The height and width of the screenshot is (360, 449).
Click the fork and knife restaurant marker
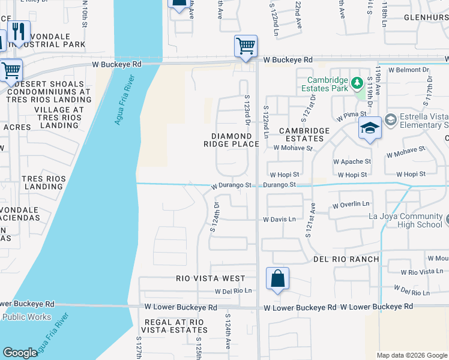(x=19, y=32)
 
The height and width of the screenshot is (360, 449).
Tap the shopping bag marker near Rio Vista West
(x=277, y=278)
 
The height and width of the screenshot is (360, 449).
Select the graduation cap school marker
(x=369, y=128)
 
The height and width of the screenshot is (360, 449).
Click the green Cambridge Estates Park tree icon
(x=357, y=82)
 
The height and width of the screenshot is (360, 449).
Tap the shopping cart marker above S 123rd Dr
(x=246, y=46)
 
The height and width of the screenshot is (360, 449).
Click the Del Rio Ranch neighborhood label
(x=346, y=259)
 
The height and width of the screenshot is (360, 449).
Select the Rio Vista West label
(x=211, y=278)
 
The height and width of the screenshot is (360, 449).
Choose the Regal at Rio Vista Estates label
(x=173, y=326)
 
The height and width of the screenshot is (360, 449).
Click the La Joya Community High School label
(x=406, y=220)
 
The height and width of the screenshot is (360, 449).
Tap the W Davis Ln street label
(x=279, y=220)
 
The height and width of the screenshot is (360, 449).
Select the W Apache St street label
(x=352, y=161)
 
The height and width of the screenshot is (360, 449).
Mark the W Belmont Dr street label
(x=409, y=70)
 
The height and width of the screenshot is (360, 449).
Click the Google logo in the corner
(x=20, y=353)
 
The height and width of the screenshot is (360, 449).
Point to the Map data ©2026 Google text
(x=411, y=355)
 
